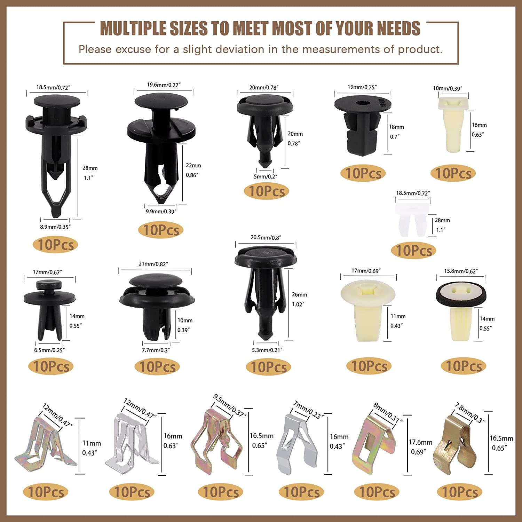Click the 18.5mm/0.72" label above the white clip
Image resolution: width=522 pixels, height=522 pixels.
pos(413,193)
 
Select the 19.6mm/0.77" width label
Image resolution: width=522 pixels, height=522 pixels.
pos(164,85)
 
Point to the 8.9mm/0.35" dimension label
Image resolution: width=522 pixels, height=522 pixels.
pos(55,227)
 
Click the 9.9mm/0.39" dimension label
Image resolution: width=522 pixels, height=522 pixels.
pos(161,212)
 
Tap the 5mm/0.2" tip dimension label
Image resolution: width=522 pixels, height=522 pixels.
pos(266,177)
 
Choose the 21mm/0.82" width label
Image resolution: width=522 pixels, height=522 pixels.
pos(153,264)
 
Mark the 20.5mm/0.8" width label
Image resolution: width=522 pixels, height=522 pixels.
pos(266,238)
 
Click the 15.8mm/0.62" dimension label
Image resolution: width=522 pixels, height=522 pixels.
pos(461,271)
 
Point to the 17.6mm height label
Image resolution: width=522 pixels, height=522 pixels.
pos(421,442)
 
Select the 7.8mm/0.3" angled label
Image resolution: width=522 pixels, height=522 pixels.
pos(470,413)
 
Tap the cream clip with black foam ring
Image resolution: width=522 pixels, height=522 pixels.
pos(461,311)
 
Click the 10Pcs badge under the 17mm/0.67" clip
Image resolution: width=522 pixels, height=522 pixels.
pos(51,366)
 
